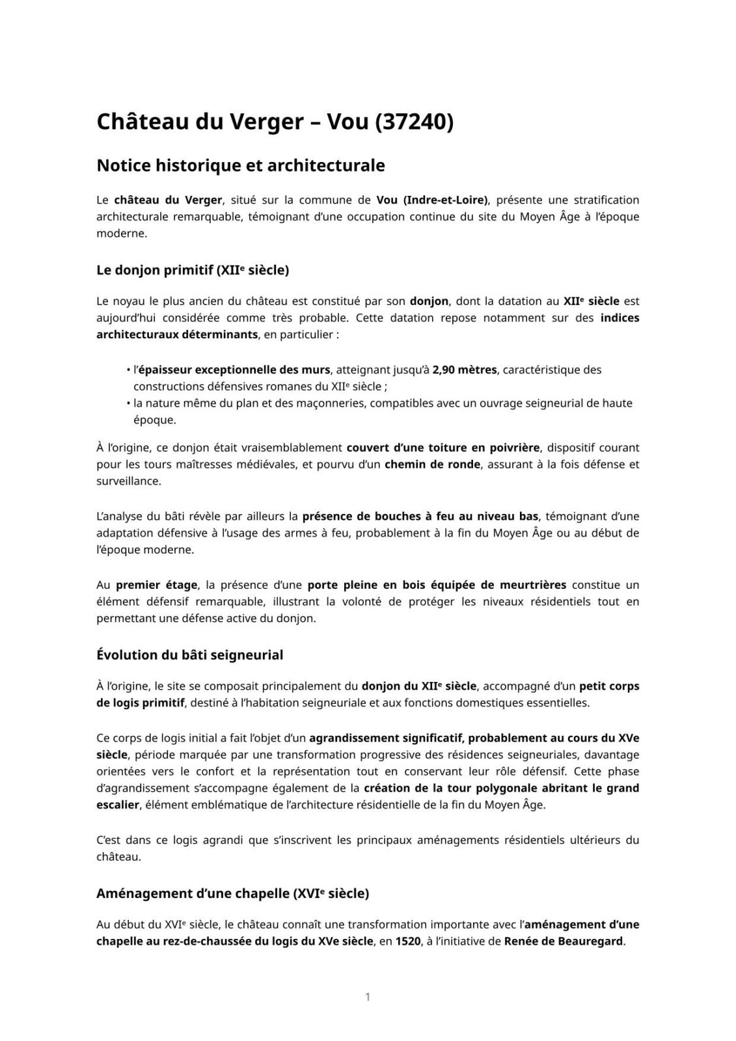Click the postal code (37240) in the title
tap(414, 122)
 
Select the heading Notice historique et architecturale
tap(240, 166)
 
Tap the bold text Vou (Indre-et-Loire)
tap(432, 200)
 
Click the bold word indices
tap(620, 318)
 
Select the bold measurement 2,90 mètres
tap(465, 370)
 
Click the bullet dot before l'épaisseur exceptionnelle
tap(128, 370)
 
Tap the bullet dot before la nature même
tap(128, 403)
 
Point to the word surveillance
tap(128, 481)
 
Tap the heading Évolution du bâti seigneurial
tap(189, 655)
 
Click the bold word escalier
tap(118, 805)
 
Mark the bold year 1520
tap(407, 941)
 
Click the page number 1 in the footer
tap(368, 997)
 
